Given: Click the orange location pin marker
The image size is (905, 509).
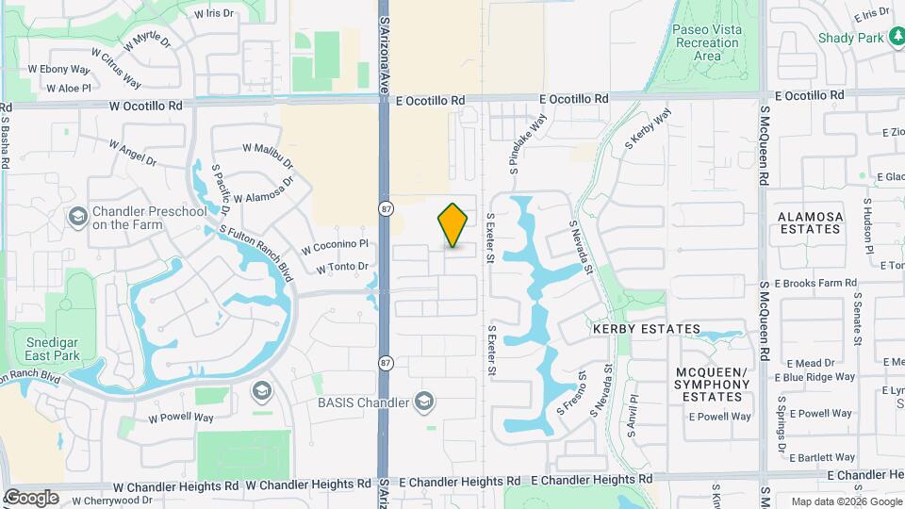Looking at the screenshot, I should pyautogui.click(x=452, y=225).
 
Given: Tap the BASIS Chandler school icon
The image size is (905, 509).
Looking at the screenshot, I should pyautogui.click(x=425, y=402).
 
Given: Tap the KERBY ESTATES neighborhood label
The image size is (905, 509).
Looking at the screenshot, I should pyautogui.click(x=646, y=329).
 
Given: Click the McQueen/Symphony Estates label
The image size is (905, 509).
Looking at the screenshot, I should pyautogui.click(x=712, y=385).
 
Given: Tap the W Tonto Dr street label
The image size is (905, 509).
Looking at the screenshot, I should pyautogui.click(x=342, y=267).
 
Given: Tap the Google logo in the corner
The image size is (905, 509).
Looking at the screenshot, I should pyautogui.click(x=31, y=497).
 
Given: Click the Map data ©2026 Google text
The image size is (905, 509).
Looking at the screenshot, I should pyautogui.click(x=845, y=501).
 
